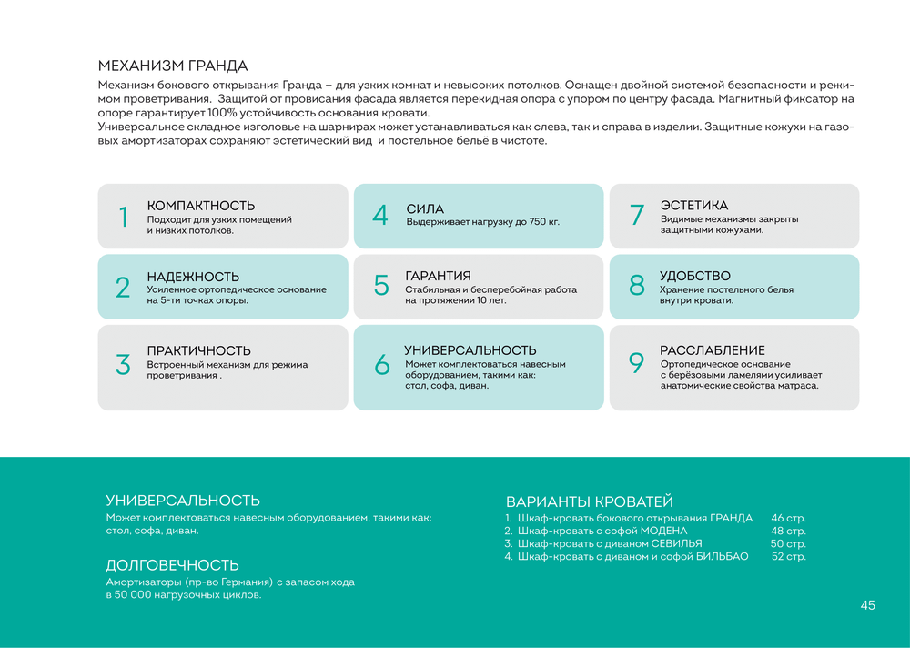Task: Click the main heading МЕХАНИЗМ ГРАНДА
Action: tap(172, 66)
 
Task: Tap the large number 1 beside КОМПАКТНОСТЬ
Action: tap(123, 217)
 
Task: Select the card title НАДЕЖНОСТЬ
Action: tap(193, 277)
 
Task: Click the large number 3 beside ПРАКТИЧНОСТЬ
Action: tap(123, 364)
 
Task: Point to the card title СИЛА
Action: tap(425, 209)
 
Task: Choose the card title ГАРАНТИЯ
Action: tap(438, 276)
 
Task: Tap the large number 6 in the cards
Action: tap(381, 364)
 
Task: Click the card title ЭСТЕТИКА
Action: tap(693, 206)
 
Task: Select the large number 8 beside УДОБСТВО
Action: tap(637, 286)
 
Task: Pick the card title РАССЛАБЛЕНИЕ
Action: tap(712, 350)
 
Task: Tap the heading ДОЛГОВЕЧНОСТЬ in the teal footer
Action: tap(172, 565)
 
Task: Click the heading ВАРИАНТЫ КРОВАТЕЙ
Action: tap(589, 501)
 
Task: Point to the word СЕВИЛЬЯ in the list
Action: tap(676, 543)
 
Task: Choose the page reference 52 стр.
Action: tap(788, 556)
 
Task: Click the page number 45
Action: tap(867, 605)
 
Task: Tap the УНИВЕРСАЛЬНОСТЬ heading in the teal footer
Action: tap(183, 501)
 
